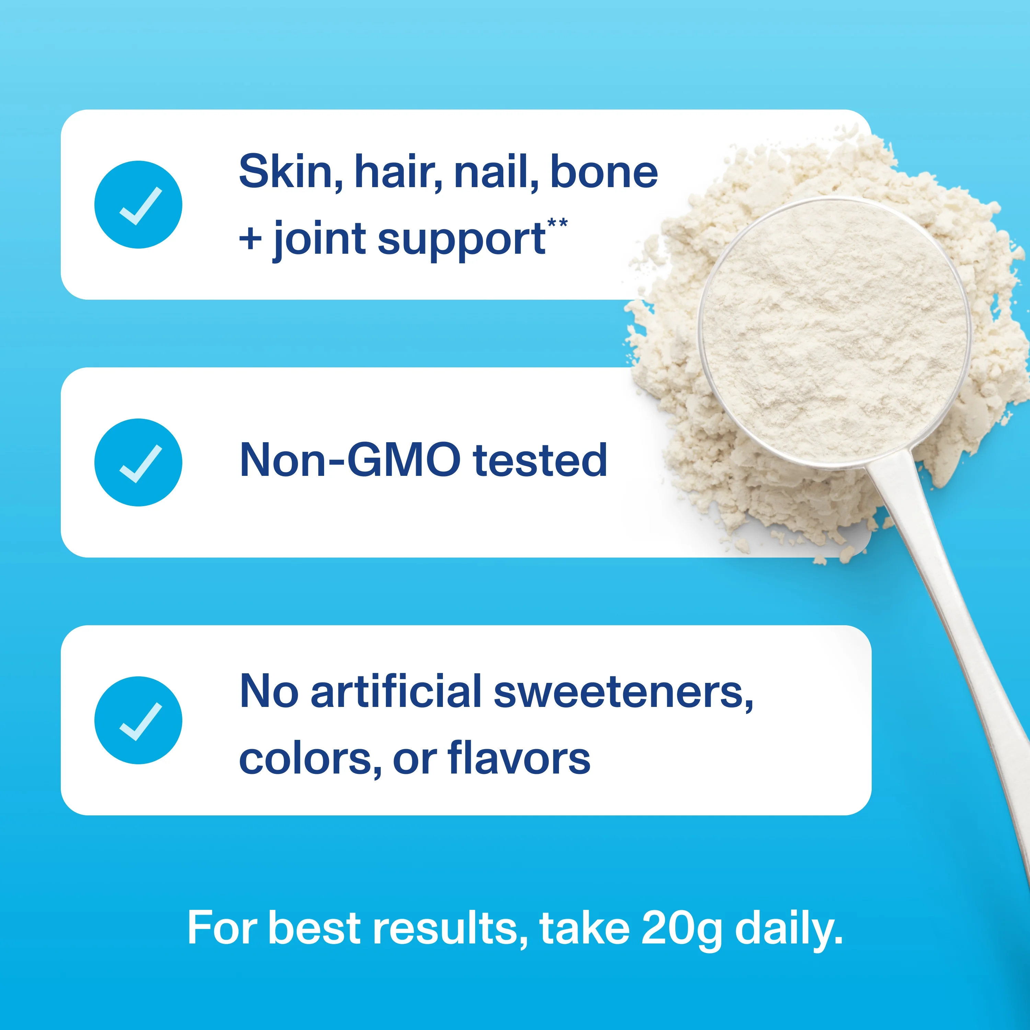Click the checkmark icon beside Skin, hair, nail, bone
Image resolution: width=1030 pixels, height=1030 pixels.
coord(138,205)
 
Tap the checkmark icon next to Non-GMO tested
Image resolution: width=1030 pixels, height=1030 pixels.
coord(138,462)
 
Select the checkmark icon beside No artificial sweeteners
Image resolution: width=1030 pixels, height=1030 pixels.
coord(138,720)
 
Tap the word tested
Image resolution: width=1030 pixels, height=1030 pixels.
coord(540,460)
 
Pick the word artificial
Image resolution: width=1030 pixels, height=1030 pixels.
coord(396,691)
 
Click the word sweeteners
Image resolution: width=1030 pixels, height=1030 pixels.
coord(623,691)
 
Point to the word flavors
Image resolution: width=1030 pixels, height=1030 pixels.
coord(519,758)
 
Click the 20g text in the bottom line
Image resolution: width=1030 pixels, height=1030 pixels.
coord(681,928)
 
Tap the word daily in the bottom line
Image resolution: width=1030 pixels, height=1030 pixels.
coord(789,928)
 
